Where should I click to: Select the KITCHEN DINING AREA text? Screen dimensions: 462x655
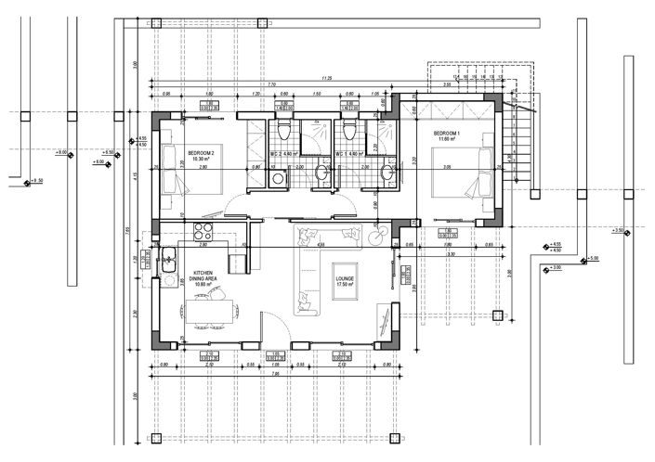203,276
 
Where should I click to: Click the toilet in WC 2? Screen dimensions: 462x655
283,129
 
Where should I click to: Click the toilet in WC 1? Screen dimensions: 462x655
350,129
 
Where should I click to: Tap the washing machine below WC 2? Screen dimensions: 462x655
277,177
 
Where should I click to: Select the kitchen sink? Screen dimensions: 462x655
169,262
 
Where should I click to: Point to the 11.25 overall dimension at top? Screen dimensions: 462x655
328,79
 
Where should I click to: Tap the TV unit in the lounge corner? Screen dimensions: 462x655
384,319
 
